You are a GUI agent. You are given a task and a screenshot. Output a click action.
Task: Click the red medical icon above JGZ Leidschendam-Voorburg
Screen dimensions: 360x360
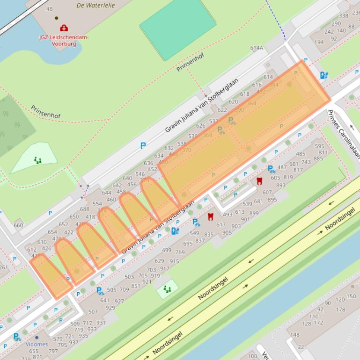(64, 28)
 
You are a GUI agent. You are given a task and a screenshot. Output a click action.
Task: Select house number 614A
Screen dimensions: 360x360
(257, 48)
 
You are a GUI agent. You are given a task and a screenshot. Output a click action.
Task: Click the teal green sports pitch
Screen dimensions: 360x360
(173, 29)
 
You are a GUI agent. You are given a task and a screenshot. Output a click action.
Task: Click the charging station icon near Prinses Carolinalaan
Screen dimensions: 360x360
(323, 75)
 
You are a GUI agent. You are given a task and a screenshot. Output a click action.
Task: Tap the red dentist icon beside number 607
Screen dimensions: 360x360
(259, 181)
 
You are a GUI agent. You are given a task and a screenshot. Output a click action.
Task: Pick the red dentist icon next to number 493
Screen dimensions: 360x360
(211, 216)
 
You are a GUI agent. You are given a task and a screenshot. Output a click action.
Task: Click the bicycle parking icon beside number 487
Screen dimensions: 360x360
(271, 169)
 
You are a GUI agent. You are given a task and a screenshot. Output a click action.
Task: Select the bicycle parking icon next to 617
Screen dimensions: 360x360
(196, 223)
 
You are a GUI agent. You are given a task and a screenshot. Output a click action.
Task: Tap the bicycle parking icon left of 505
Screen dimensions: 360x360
(100, 291)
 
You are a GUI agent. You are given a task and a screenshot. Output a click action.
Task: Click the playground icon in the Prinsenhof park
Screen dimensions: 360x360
(37, 160)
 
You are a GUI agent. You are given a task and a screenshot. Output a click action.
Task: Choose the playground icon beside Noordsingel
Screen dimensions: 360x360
(167, 289)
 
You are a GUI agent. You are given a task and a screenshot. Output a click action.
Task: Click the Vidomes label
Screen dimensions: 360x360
(37, 344)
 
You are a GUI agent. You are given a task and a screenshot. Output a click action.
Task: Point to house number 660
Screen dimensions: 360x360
(18, 225)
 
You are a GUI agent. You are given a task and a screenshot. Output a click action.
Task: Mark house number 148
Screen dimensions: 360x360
(294, 335)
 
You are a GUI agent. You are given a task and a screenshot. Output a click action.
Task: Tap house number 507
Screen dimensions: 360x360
(93, 311)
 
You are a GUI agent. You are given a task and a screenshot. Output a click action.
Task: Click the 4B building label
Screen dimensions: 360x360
(49, 9)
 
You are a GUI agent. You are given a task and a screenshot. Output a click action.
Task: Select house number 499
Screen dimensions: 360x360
(167, 250)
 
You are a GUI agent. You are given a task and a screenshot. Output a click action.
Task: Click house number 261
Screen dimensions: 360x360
(4, 267)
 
